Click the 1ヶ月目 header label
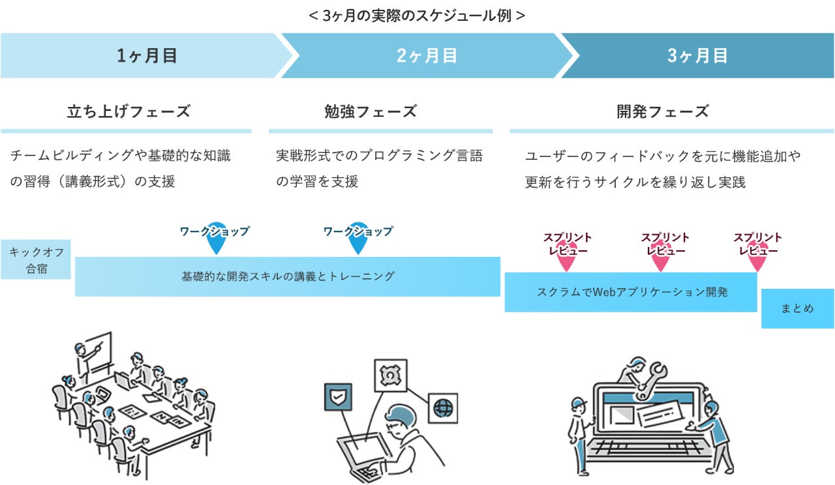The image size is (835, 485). tap(147, 56)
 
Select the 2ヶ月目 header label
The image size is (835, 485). tap(427, 56)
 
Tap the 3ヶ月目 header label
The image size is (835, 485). tap(697, 56)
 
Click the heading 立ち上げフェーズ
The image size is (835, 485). tap(129, 111)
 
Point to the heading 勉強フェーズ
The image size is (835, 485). tap(370, 111)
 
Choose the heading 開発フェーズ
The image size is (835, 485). tap(662, 111)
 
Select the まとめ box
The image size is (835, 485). tap(797, 308)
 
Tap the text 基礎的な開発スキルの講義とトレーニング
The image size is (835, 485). tap(288, 276)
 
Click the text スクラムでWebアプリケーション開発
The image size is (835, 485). tap(631, 292)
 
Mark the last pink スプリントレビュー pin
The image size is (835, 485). tap(757, 260)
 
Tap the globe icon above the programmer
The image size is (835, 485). tap(443, 407)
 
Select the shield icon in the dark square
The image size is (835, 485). tap(338, 396)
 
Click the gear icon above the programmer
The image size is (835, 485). tap(389, 376)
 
